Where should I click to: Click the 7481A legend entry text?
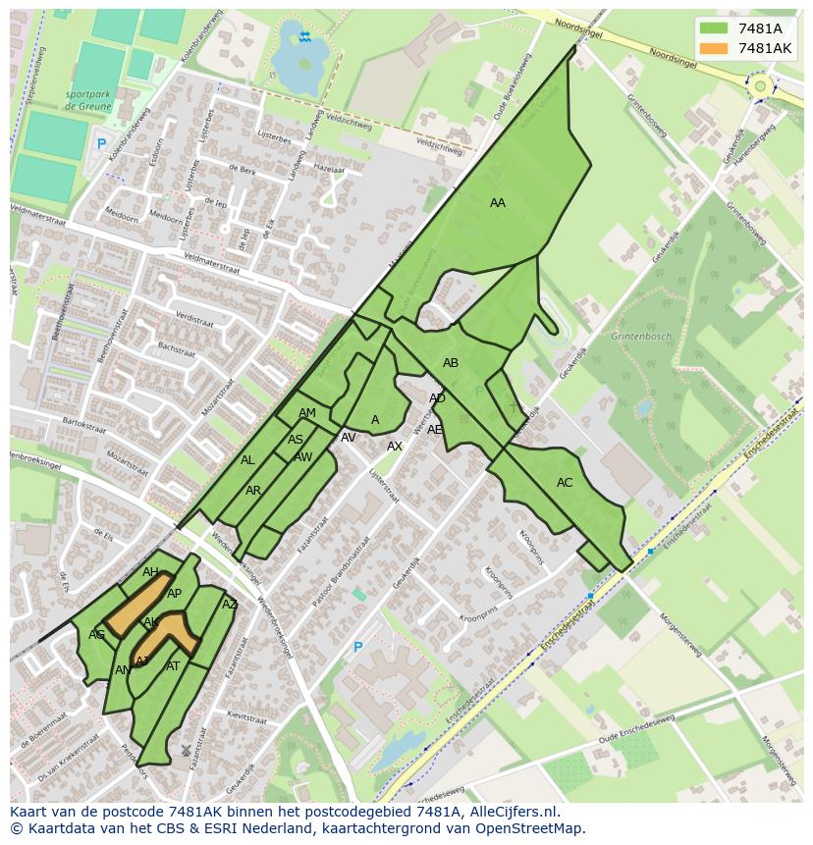(760, 28)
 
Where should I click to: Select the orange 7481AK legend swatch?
(714, 48)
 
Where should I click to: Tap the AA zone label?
(498, 203)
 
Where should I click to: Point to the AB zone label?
(451, 363)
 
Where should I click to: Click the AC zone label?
(565, 483)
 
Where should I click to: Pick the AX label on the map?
(395, 447)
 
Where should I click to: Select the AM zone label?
(307, 413)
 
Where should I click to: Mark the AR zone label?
(253, 491)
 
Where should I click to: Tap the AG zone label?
(96, 635)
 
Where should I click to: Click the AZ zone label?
(230, 605)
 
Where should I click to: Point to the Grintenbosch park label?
(641, 337)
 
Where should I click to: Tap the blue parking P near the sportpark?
(101, 144)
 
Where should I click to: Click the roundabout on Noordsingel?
(759, 86)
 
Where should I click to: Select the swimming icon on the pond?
(305, 37)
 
